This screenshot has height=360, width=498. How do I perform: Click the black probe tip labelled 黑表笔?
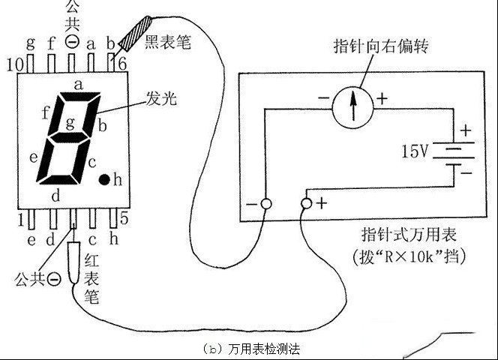tap(135, 33)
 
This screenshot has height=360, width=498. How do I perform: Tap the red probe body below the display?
tap(74, 262)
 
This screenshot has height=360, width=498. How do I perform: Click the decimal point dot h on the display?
tap(104, 179)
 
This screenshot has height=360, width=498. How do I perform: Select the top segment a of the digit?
tap(80, 97)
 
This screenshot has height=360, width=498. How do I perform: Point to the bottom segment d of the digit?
tap(58, 179)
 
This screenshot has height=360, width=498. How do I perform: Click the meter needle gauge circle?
tap(352, 107)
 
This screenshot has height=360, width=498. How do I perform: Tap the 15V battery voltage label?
tap(415, 151)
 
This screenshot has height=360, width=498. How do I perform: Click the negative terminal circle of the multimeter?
tap(266, 204)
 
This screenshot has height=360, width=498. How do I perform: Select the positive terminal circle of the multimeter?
tap(307, 203)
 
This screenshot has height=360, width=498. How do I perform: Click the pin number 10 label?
tap(15, 65)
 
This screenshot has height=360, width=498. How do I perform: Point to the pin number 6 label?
tap(122, 64)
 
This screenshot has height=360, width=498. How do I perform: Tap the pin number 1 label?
tap(21, 220)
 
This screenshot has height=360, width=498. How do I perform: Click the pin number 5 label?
tap(124, 218)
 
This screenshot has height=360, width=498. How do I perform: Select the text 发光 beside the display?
tap(161, 99)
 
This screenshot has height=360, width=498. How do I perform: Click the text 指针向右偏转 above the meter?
tap(381, 46)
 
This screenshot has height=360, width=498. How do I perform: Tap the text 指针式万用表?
tap(409, 235)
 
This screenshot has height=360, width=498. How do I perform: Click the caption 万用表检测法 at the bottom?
tap(264, 349)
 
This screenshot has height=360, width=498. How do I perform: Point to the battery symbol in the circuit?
tap(454, 154)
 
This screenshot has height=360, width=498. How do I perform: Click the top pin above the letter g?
tap(31, 64)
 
